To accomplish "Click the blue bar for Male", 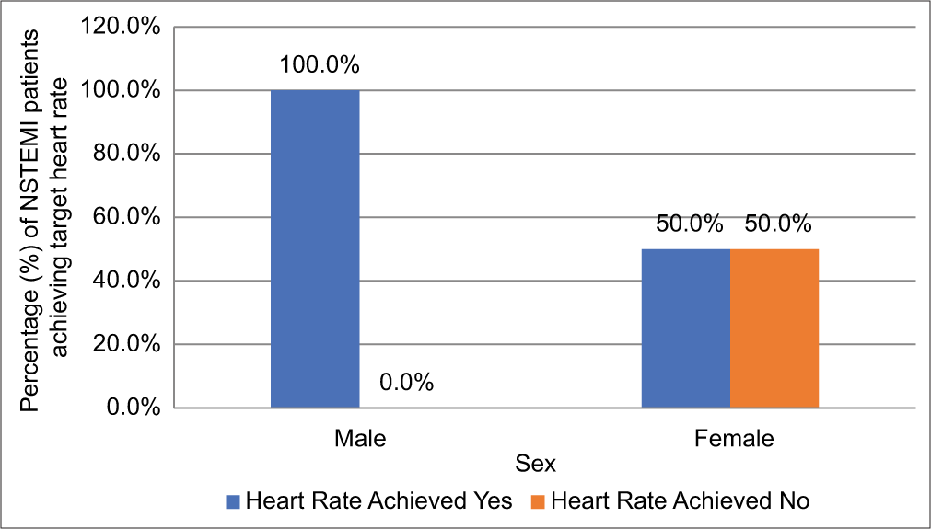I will [x=315, y=248].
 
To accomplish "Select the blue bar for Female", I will [x=685, y=328].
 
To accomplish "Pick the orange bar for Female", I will [x=774, y=328].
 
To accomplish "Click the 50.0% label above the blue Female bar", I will [x=689, y=224].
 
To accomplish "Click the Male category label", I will [x=360, y=438].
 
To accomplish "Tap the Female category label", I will [x=734, y=438].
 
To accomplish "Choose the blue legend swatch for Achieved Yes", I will [x=233, y=502].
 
